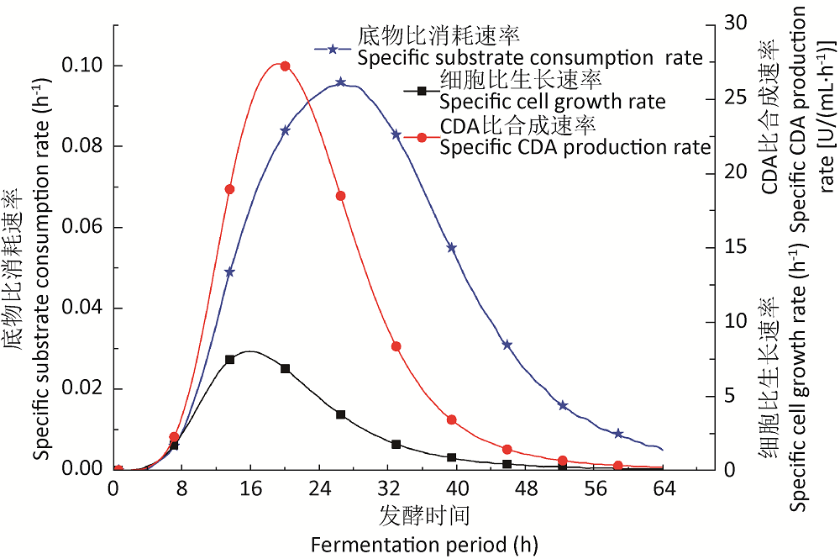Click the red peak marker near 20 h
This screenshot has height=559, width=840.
(x=285, y=66)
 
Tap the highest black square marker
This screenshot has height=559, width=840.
(x=230, y=359)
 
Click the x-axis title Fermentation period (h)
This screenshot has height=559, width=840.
(x=423, y=545)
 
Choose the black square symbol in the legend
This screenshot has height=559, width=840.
(x=412, y=91)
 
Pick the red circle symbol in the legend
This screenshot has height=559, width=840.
(x=412, y=136)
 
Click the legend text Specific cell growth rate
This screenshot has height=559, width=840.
(x=552, y=103)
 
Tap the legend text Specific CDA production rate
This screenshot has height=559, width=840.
(x=575, y=147)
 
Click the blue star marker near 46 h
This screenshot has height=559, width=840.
(x=507, y=345)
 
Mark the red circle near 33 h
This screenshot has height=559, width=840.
(x=396, y=346)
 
